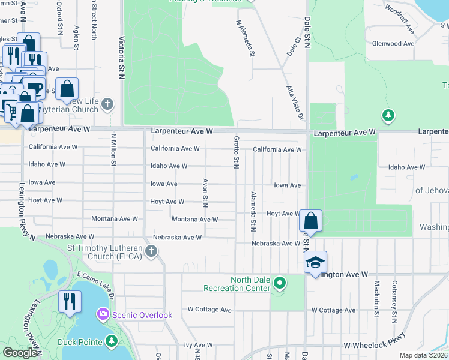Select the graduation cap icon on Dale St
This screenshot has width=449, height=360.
(x=315, y=262)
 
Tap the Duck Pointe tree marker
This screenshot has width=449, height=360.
(x=111, y=341)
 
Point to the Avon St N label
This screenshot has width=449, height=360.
(x=205, y=193)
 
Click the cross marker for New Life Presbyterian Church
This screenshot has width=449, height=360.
(x=107, y=105)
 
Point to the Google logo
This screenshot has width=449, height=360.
(x=20, y=353)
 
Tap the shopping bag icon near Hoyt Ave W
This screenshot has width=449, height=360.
(x=310, y=220)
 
